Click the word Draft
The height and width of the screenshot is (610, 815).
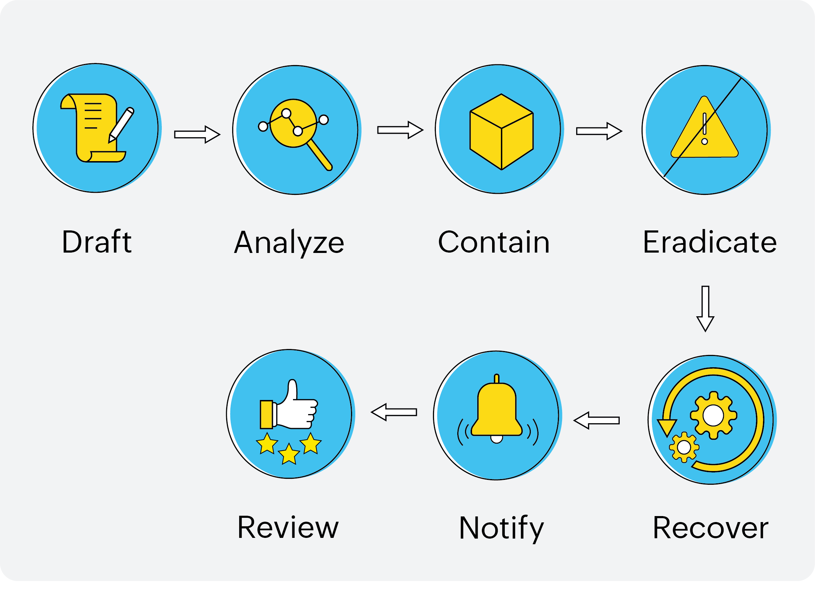tap(96, 242)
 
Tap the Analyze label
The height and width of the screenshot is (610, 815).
tap(289, 242)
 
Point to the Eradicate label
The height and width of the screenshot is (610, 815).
tap(709, 242)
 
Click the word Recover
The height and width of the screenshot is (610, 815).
tap(711, 528)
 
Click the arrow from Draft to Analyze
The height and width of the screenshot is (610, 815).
tap(197, 134)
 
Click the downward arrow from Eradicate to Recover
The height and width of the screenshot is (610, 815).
tap(705, 308)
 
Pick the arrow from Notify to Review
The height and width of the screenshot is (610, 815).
tap(394, 412)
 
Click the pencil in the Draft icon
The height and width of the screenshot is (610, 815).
tap(122, 124)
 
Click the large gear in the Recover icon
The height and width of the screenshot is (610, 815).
tap(713, 415)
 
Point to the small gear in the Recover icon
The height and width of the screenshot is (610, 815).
tap(684, 447)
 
